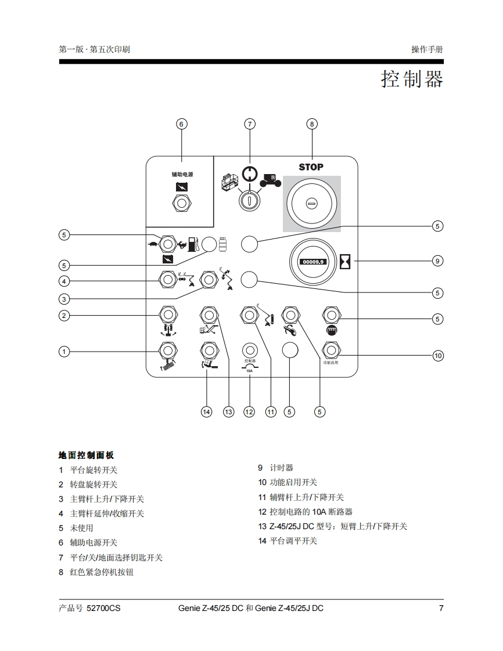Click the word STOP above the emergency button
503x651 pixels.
coord(311,167)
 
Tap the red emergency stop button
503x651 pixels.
coord(311,203)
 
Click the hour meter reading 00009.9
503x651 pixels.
coord(313,262)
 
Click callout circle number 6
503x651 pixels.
coord(181,124)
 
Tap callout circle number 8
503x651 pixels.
coord(311,124)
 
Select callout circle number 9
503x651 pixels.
coord(438,261)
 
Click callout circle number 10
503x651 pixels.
coord(438,355)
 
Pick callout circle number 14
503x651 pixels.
coord(206,411)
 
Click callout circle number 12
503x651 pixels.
coord(249,411)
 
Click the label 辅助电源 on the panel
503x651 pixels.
coord(182,174)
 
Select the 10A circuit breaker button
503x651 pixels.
coord(249,350)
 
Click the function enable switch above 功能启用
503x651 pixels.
coord(331,350)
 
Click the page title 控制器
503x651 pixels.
coord(412,79)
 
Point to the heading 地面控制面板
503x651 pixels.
coord(87,455)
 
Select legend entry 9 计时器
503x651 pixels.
coord(276,468)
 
